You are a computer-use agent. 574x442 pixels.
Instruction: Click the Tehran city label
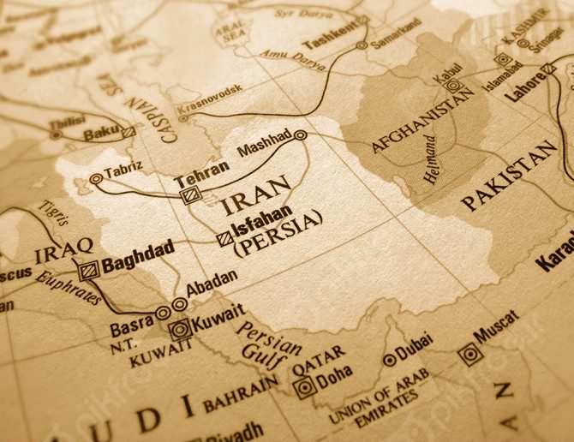click(x=202, y=168)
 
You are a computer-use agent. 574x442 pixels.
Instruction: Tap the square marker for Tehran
click(x=190, y=195)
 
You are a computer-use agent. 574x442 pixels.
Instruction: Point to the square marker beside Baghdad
click(x=87, y=271)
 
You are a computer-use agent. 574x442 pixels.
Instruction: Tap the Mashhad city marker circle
click(x=301, y=135)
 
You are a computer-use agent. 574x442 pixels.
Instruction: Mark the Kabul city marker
click(x=452, y=86)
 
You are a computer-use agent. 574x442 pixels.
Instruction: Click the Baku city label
click(x=101, y=134)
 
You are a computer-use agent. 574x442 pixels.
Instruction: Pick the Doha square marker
click(x=304, y=387)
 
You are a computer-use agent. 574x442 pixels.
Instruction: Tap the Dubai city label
click(x=415, y=347)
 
